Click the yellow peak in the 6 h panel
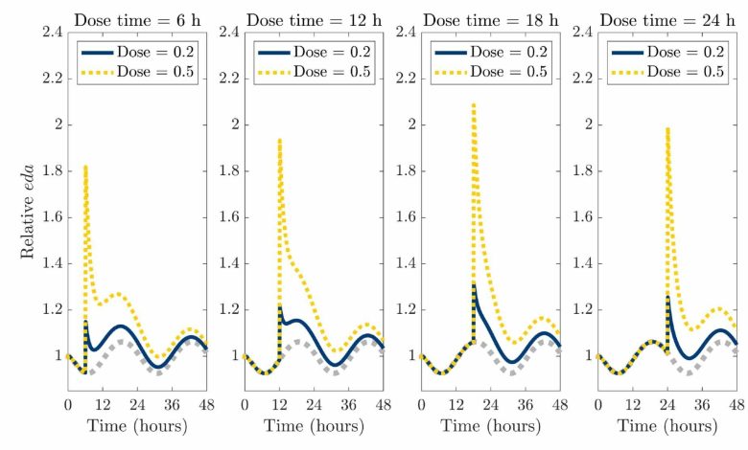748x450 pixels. tap(85, 167)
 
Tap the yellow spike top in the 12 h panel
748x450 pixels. tap(279, 140)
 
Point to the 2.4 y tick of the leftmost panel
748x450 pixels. tap(54, 33)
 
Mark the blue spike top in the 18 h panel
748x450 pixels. tap(474, 285)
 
